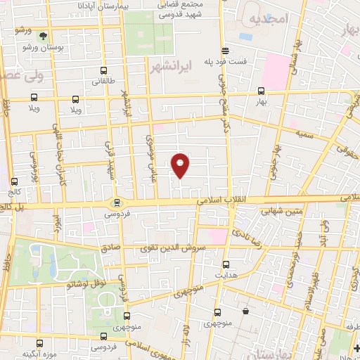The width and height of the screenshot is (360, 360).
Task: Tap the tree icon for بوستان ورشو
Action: tap(44, 34)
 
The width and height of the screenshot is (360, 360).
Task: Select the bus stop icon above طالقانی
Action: tap(104, 71)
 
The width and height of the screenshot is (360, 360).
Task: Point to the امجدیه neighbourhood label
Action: tap(269, 20)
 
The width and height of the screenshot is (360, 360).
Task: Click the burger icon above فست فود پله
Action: tap(225, 50)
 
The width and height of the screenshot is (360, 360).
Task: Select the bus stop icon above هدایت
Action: tap(225, 264)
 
